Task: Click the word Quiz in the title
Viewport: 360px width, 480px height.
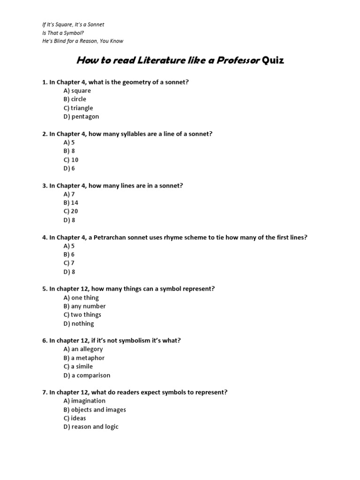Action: (x=273, y=60)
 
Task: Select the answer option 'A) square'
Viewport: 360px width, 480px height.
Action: (x=77, y=90)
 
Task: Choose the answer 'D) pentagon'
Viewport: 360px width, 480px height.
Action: (x=81, y=116)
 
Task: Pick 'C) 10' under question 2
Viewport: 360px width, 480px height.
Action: (x=71, y=159)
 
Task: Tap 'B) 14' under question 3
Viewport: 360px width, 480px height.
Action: (x=71, y=202)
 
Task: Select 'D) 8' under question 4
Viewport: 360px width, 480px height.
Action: (x=69, y=271)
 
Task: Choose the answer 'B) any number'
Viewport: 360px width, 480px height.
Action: (x=84, y=306)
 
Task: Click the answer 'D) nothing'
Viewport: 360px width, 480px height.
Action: (x=78, y=323)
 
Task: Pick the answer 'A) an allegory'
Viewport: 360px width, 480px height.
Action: (x=83, y=349)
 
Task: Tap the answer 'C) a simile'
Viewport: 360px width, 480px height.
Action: (x=78, y=366)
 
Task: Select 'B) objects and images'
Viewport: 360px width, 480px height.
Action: (x=94, y=410)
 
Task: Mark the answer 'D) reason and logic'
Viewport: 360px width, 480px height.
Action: (x=91, y=427)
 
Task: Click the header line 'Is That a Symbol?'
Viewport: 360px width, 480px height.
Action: (x=63, y=33)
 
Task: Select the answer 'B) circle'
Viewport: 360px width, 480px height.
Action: (x=75, y=99)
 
